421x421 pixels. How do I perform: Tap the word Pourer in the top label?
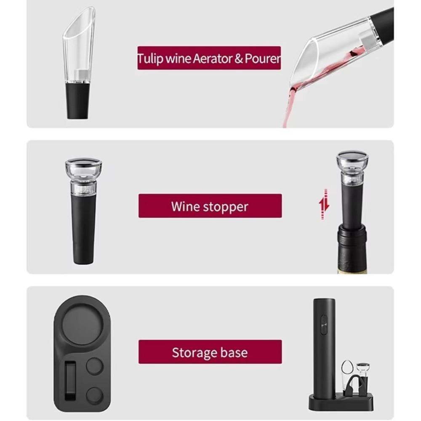pos(263,59)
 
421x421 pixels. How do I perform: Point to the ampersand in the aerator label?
pos(238,59)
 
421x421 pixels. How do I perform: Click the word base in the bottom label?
pos(234,352)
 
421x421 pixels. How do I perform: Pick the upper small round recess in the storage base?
pos(95,366)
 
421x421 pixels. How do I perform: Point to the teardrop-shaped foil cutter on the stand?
pos(347,371)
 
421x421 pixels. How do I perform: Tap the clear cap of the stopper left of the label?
pos(83,168)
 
